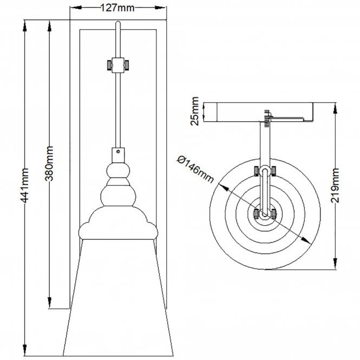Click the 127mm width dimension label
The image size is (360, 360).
point(117,8)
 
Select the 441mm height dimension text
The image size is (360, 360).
point(24,186)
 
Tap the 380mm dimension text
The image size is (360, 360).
point(49,163)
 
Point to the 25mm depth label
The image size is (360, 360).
point(194,111)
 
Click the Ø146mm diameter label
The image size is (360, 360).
point(195,169)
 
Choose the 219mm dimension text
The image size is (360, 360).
point(335,186)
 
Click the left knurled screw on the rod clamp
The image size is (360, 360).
point(109,65)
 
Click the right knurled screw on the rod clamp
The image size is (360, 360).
point(126,65)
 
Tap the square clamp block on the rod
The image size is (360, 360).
point(118,65)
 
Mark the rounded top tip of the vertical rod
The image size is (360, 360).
point(118,22)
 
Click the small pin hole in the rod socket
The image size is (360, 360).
point(118,152)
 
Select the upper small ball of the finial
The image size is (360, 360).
point(118,171)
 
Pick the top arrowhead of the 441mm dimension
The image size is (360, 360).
point(24,26)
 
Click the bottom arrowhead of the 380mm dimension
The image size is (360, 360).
point(49,302)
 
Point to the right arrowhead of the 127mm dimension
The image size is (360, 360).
point(160,8)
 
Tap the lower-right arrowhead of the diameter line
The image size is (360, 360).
point(306,240)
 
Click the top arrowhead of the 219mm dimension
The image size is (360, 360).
point(335,108)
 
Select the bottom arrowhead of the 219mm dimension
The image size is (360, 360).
point(335,264)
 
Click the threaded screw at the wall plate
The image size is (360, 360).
point(266,119)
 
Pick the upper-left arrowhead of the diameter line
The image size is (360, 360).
point(224,187)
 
